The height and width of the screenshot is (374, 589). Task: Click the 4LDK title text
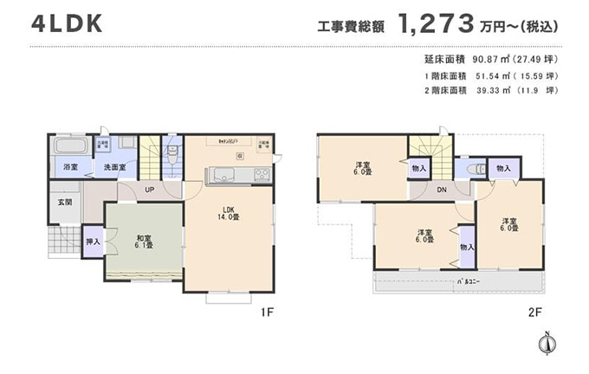tap(67, 23)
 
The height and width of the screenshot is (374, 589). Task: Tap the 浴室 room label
tap(69, 167)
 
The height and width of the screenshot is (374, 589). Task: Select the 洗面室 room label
tap(114, 167)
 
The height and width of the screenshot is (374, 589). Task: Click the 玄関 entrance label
tap(65, 203)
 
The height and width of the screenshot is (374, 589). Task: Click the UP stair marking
tap(150, 190)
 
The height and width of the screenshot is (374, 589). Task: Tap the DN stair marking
tap(441, 190)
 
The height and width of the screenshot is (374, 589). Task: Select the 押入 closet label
tap(93, 243)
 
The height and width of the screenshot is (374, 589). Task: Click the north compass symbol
tap(546, 344)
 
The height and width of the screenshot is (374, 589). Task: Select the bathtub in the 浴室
tap(67, 145)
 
